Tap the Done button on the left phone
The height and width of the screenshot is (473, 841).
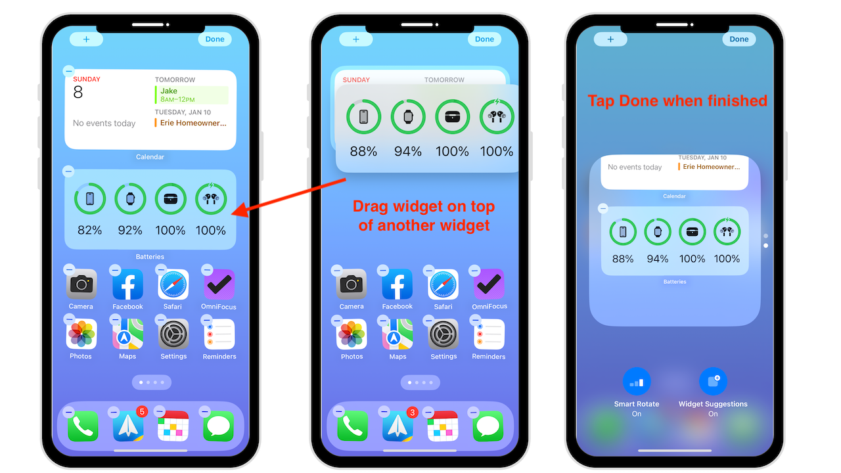point(215,39)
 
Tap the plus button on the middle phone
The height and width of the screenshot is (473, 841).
point(356,39)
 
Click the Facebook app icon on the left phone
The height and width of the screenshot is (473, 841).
point(127,284)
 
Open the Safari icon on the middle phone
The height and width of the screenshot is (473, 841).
point(443,284)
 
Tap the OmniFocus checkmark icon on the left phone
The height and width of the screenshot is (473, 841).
point(219,284)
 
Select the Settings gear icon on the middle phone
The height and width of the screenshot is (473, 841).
point(443,334)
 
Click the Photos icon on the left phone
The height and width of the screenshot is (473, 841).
point(81,334)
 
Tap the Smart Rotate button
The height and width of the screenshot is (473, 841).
point(637,382)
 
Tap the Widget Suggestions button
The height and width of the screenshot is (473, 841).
point(713,382)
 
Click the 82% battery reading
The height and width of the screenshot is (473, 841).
point(89,230)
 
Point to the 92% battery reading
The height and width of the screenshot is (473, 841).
point(130,230)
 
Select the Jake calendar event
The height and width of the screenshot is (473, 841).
point(191,95)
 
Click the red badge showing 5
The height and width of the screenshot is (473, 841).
point(142,412)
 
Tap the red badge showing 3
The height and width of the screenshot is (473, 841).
point(412,413)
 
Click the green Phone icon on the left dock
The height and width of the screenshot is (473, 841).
point(83,426)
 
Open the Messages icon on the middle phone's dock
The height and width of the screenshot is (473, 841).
point(488,426)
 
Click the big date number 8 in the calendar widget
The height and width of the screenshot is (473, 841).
point(78,93)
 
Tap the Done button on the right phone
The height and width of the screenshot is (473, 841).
point(739,39)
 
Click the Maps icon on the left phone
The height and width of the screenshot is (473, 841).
point(127,334)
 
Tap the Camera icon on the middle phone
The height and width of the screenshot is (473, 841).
point(352,284)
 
